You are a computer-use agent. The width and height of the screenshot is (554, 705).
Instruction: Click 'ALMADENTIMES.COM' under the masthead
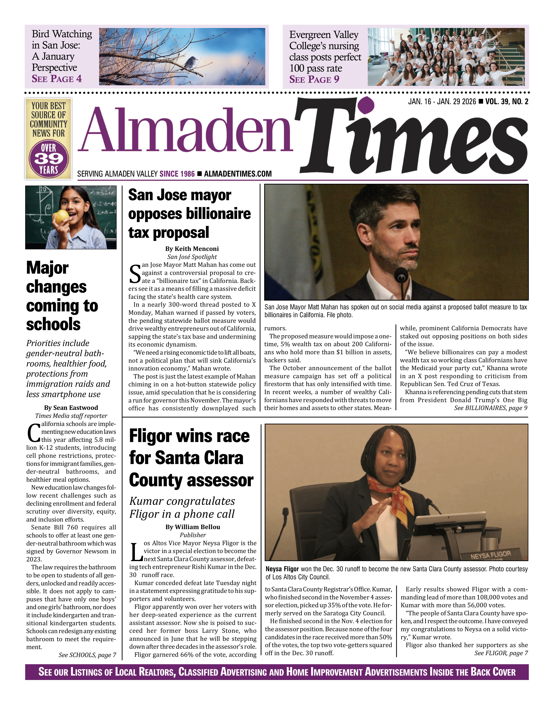pos(238,174)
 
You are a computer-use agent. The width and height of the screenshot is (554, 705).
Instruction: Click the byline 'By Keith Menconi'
pos(192,249)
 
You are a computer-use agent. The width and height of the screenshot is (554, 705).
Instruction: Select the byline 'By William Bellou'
pos(193,527)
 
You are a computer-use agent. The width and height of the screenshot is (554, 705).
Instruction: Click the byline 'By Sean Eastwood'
pos(71,408)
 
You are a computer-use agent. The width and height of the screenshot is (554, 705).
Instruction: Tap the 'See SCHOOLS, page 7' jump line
pos(87,655)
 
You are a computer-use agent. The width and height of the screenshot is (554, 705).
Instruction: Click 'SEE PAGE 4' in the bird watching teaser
pos(57,79)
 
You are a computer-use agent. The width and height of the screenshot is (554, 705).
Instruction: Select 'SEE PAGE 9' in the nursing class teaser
pos(314,79)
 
